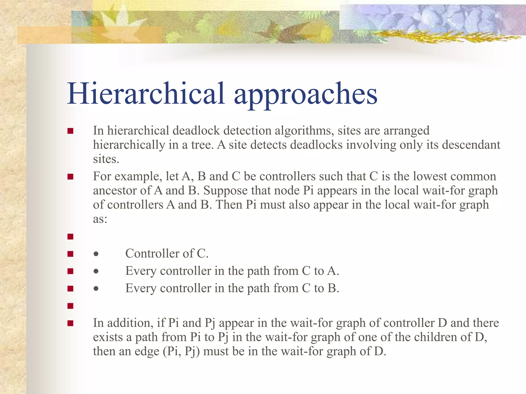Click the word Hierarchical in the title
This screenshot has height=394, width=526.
(146, 94)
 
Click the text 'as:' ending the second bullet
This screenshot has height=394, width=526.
(100, 219)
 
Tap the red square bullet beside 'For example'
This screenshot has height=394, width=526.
(70, 177)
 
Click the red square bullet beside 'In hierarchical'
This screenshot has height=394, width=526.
(70, 131)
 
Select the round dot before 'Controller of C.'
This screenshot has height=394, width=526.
(96, 254)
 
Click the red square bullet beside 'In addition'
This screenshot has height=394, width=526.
(70, 323)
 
